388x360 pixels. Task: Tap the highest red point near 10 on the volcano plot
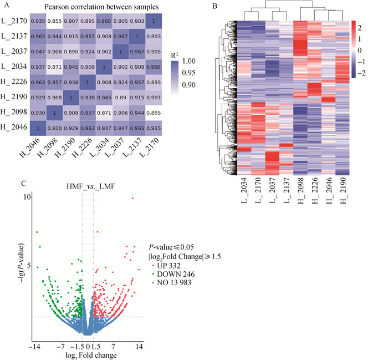click(133, 198)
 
